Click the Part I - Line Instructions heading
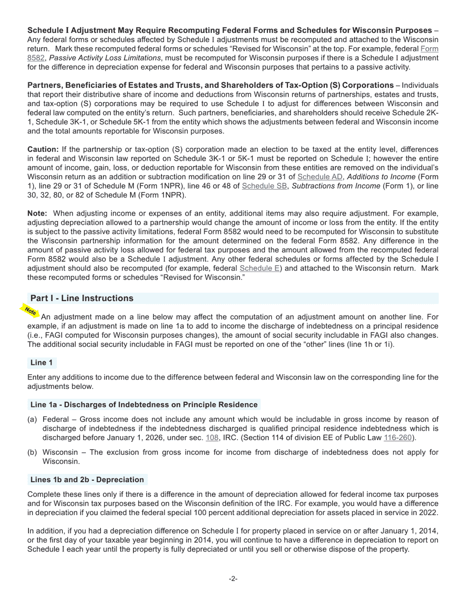[81, 299]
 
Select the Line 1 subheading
[41, 363]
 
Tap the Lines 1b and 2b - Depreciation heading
[87, 480]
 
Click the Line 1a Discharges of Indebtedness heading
[143, 405]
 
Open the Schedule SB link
[264, 186]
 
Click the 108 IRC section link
[212, 438]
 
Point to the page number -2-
[233, 579]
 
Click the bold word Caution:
[43, 149]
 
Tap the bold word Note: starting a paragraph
[37, 214]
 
